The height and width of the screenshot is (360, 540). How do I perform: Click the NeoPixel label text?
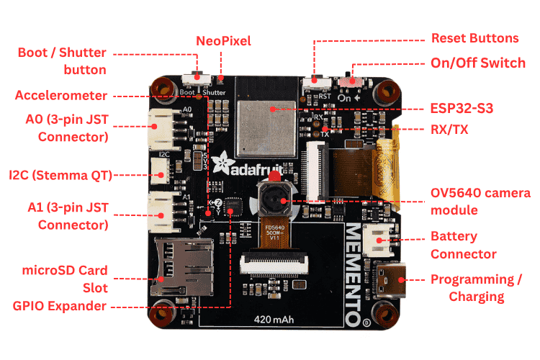223,41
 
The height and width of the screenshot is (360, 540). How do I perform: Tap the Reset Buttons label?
474,38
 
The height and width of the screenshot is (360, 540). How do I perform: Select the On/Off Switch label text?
477,63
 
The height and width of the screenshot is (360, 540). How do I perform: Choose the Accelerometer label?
61,95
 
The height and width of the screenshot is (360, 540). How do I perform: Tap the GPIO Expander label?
60,306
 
